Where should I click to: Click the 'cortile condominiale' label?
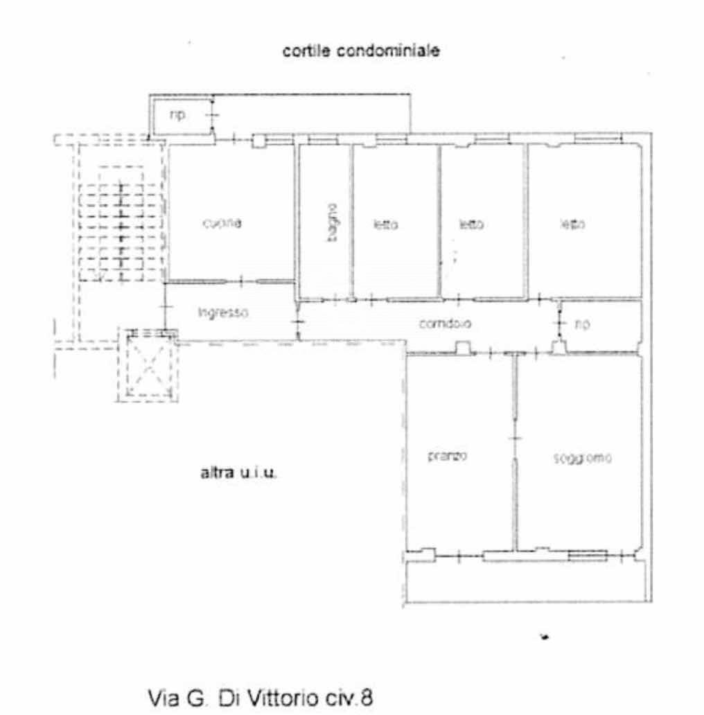coord(360,51)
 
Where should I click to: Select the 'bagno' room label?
coord(333,222)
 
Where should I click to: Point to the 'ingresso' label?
coord(223,313)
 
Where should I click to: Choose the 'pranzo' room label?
coord(447,457)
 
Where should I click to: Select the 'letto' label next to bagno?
coord(385,224)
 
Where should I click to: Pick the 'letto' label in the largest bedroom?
coord(573,224)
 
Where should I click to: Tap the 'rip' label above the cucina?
coord(178,115)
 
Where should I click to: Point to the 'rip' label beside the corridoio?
coord(583,324)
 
